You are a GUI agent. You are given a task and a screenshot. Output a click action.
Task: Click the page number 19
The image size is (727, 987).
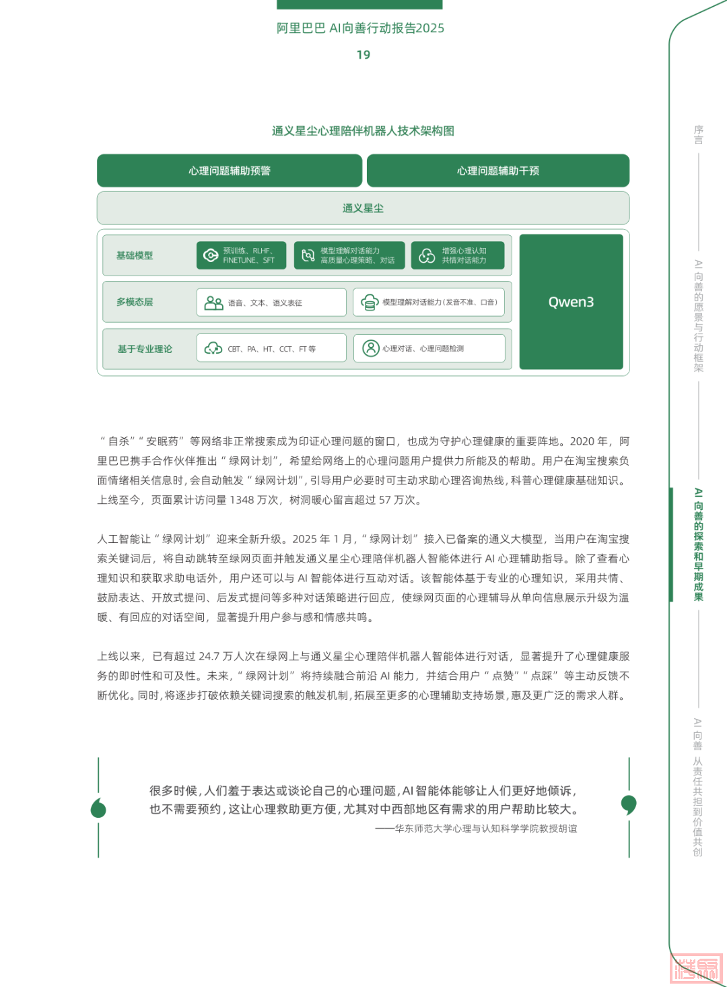[x=363, y=55]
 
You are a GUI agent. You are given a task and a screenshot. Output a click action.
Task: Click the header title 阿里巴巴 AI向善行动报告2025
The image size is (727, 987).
[x=360, y=28]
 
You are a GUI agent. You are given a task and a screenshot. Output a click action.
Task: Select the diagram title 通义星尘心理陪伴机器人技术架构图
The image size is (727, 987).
[x=363, y=131]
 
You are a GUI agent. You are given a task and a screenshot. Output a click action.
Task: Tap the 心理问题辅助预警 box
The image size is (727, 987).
[x=230, y=171]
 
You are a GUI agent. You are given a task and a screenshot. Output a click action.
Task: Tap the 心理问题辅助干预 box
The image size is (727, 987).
[x=498, y=171]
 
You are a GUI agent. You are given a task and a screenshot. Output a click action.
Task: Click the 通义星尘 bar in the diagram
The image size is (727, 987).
[x=363, y=208]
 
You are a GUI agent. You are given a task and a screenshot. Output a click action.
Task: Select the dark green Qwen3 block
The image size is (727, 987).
[x=571, y=302]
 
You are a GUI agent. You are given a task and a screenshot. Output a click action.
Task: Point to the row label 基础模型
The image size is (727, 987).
[x=135, y=255]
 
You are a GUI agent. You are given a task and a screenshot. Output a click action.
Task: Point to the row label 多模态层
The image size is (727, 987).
[x=135, y=302]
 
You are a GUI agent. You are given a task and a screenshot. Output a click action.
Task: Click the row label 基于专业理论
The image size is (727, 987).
[x=145, y=349]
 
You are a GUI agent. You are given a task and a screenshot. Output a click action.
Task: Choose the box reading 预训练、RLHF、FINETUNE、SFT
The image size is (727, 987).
[x=241, y=255]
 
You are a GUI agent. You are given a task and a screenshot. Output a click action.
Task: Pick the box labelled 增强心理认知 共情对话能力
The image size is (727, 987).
[x=458, y=255]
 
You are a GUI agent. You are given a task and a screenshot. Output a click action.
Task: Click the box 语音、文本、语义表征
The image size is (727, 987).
[x=271, y=303]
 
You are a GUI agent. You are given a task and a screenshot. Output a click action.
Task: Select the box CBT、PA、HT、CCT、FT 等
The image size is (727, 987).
[x=271, y=348]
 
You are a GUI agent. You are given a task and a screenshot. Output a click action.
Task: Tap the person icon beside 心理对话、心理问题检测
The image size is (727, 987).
[x=371, y=348]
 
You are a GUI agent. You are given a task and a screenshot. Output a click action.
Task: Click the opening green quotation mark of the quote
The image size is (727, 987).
[x=98, y=808]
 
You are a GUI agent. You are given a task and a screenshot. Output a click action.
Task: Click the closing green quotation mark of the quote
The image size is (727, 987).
[x=629, y=804]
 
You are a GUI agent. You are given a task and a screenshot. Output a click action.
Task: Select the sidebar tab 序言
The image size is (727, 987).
[x=699, y=135]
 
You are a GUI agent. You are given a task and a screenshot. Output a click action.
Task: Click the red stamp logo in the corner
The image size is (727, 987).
[x=697, y=969]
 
